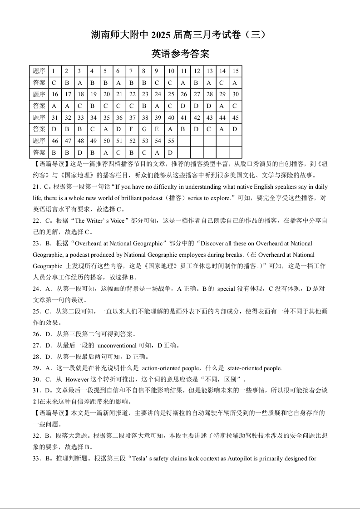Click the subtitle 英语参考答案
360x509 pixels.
[x=180, y=54]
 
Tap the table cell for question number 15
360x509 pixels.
[x=235, y=71]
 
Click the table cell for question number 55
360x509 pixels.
[x=171, y=141]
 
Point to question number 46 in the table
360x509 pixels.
[x=54, y=141]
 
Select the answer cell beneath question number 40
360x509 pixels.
[x=171, y=129]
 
